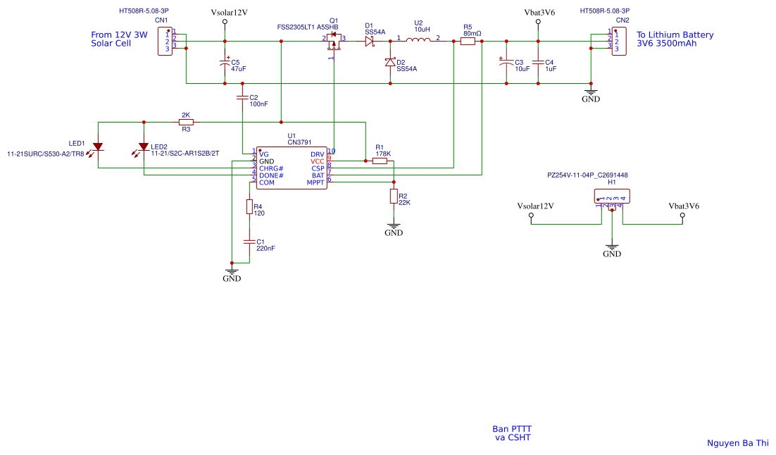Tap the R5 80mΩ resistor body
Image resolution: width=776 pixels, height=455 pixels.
point(468,42)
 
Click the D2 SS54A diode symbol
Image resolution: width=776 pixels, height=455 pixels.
point(390,63)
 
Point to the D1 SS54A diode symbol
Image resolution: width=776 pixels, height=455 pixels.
point(369,42)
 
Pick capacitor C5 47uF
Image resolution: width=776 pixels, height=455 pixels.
point(225,63)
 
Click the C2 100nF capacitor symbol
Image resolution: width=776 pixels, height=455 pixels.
point(242,98)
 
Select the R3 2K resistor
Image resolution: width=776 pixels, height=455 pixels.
point(186,122)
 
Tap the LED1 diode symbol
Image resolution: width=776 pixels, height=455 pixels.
point(98,147)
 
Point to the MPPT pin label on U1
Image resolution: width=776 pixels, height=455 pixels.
point(315,182)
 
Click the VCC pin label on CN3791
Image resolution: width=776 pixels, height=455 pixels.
point(318,161)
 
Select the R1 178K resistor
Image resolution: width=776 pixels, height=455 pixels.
point(380,161)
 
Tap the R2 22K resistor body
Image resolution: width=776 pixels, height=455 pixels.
point(394,197)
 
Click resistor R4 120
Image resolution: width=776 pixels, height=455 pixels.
point(249,206)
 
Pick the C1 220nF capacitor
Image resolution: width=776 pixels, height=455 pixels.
point(249,242)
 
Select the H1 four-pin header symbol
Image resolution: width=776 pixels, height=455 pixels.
point(613,197)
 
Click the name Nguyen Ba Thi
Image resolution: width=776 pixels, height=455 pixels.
point(737,443)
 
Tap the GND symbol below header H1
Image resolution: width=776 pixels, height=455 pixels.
point(612,249)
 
